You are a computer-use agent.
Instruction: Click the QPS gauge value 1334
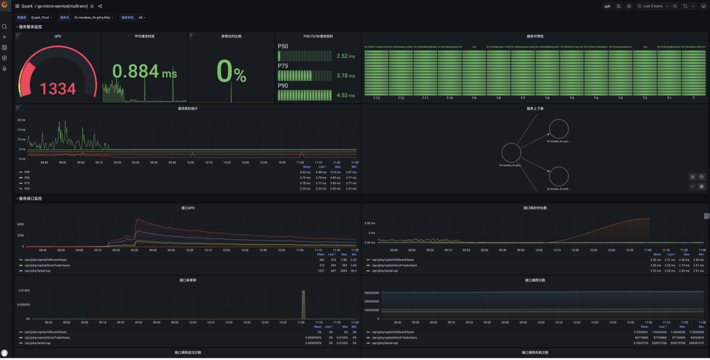(x=57, y=89)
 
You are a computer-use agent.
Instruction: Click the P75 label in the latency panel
(x=283, y=66)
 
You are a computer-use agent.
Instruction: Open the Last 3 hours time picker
(x=652, y=6)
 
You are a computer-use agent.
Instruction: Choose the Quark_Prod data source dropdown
(x=42, y=17)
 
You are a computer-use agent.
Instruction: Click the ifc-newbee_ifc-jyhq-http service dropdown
(x=93, y=17)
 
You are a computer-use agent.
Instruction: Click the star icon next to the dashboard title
(x=92, y=6)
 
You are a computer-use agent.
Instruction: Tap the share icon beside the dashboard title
(x=100, y=6)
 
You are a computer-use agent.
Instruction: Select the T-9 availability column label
(x=474, y=98)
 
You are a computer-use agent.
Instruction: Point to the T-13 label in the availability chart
(x=376, y=98)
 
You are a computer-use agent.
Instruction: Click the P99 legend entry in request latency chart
(x=27, y=172)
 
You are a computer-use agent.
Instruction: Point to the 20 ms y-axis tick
(x=21, y=120)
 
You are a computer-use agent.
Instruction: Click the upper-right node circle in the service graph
(x=558, y=129)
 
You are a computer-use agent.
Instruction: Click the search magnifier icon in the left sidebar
(x=4, y=26)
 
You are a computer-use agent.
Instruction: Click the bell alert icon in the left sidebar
(x=4, y=69)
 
